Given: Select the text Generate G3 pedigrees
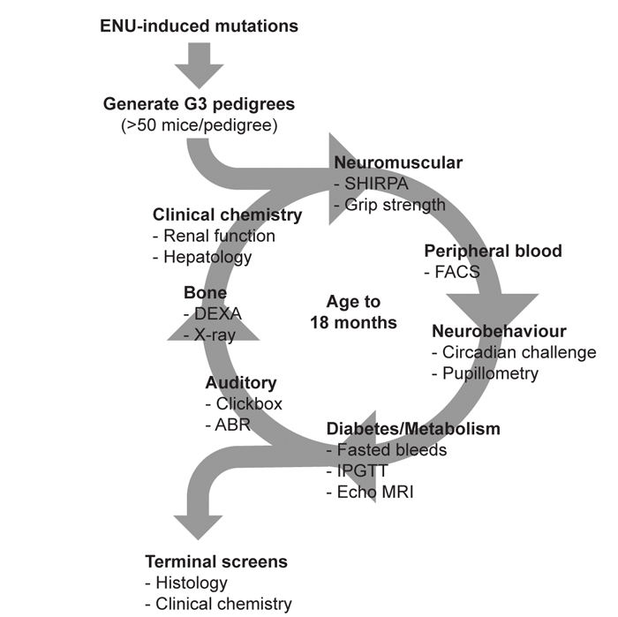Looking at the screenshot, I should coord(200,104).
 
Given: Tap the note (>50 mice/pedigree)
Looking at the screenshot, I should coord(200,124).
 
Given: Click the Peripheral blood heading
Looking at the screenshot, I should coord(494,251).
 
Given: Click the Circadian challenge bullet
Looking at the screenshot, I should coord(515,353).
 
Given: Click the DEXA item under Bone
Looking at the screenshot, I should coord(213,313).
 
